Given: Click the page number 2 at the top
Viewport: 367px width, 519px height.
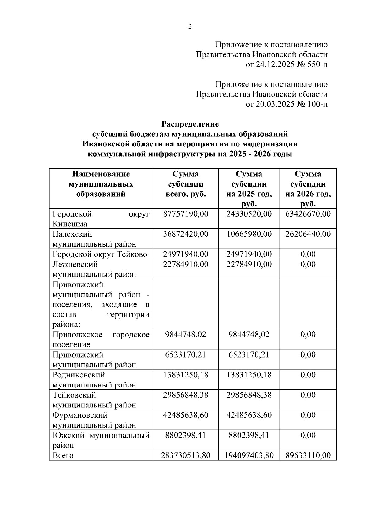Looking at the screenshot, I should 190,27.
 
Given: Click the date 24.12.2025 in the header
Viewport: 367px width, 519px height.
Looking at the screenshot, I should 275,65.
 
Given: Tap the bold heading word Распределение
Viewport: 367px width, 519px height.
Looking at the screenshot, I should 190,124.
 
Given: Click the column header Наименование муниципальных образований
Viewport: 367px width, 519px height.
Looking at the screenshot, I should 101,184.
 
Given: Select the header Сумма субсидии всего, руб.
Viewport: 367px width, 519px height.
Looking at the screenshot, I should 185,184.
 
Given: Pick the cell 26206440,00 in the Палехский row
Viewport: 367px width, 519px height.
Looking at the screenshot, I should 308,234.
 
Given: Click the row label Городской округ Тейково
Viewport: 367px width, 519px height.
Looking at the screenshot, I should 100,254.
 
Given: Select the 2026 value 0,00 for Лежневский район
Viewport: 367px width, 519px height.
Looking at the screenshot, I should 308,264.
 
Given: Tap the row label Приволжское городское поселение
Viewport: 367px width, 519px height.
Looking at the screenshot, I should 101,339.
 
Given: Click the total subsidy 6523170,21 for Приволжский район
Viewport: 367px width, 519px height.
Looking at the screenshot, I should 185,354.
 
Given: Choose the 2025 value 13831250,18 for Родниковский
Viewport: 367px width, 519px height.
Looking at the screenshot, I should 249,375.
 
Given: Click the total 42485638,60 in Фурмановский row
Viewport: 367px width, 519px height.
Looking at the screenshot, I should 185,415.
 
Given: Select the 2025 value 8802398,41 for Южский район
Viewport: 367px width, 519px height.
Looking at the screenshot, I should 249,435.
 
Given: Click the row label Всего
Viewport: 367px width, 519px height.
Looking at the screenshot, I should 63,455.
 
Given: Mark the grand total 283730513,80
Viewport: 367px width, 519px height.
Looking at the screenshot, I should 185,455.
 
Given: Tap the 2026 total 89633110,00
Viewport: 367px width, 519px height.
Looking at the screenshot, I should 308,455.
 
